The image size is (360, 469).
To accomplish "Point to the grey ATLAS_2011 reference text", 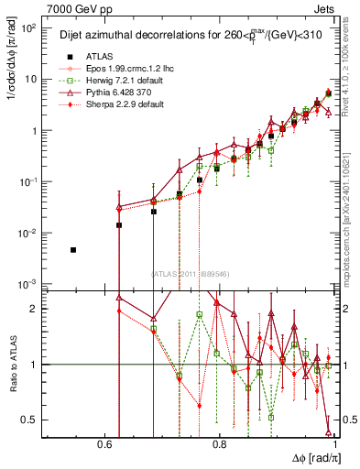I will click(191, 273).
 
